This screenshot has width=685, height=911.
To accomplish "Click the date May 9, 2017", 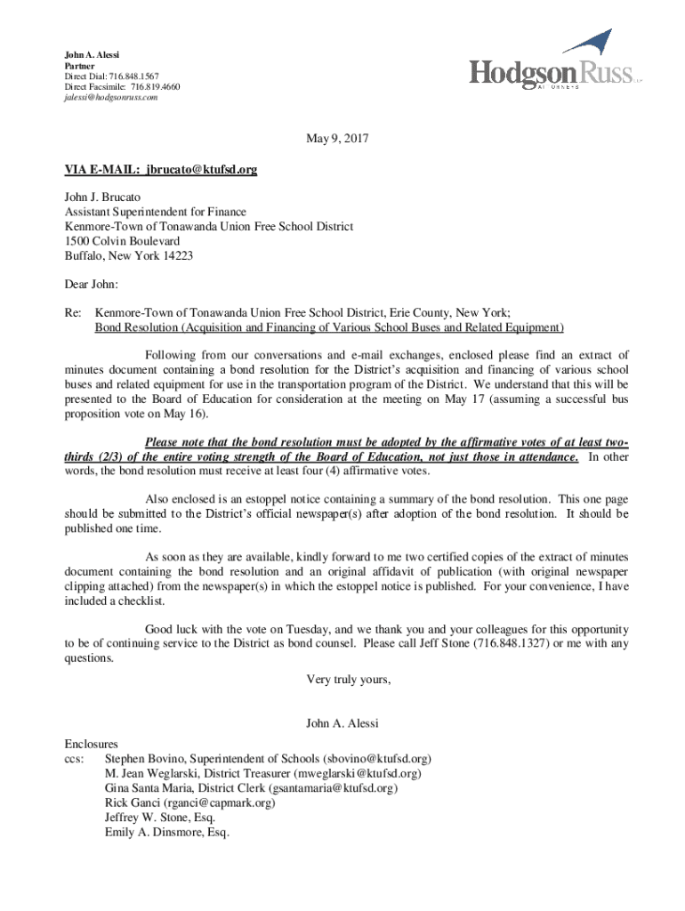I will click(337, 139).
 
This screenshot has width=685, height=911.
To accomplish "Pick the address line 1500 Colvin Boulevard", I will click(122, 241).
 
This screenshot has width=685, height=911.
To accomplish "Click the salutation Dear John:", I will click(91, 285).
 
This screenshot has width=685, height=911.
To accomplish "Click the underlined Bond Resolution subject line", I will click(329, 327).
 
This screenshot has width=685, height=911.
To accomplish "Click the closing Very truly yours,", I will click(349, 680).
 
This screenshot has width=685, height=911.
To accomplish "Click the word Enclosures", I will click(91, 744).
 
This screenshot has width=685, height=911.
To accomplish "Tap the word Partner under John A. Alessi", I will click(80, 65).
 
